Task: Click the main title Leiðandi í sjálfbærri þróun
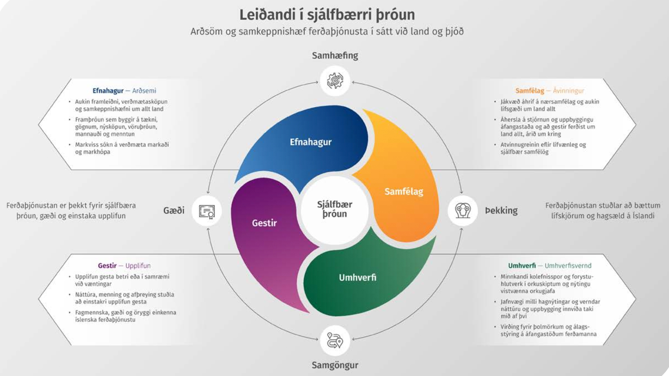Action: tap(327, 15)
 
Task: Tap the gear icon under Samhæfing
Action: tap(335, 81)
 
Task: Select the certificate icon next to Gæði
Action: tap(207, 211)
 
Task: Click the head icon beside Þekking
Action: tap(463, 211)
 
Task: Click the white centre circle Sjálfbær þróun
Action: tap(334, 209)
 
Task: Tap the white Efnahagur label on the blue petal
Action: tap(310, 142)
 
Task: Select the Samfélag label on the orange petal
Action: tap(403, 191)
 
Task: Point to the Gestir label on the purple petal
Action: tap(264, 223)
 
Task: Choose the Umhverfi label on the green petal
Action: tap(357, 277)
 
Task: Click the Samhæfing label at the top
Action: tap(335, 56)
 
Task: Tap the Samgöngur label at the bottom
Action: tap(335, 365)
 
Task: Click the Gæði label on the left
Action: tap(174, 210)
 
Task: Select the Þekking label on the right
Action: tap(501, 210)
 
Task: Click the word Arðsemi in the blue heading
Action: tap(144, 91)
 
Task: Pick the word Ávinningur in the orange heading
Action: tap(568, 91)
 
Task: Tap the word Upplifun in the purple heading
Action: tap(138, 266)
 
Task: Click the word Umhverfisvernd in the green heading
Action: tap(568, 266)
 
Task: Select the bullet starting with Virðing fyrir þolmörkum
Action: tap(546, 330)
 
